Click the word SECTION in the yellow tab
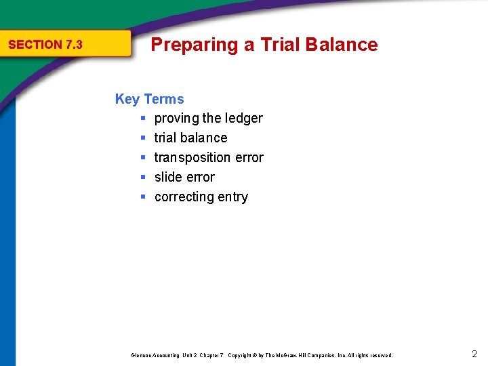[35, 45]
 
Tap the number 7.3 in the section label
[74, 45]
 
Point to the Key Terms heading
[149, 99]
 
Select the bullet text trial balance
[190, 138]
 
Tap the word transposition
[192, 158]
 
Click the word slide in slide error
[168, 178]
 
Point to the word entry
[232, 197]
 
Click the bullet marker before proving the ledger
[143, 119]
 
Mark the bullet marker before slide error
[143, 178]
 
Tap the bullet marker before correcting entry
[143, 197]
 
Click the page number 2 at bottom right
[474, 354]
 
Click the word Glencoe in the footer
[142, 355]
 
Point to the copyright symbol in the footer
[254, 355]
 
